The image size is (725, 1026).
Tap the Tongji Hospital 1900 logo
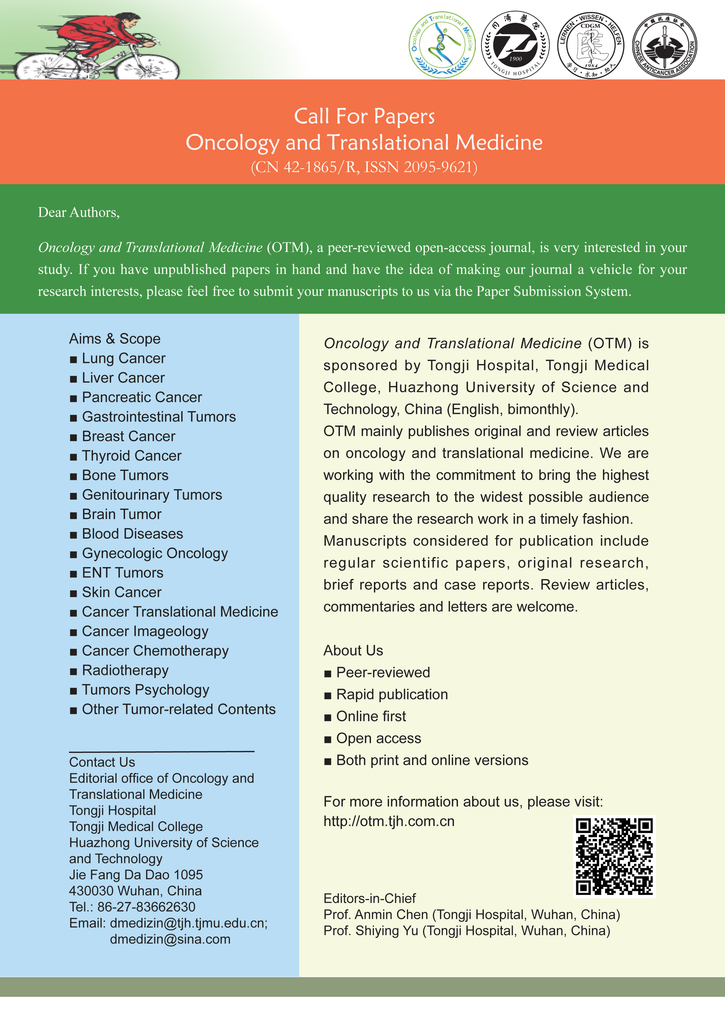coord(515,45)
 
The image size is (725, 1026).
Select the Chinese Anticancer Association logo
coord(664,45)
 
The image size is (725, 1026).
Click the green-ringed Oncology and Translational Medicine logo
coord(442,45)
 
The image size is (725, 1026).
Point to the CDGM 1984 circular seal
coord(591,45)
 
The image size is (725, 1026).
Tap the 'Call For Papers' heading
coord(364,116)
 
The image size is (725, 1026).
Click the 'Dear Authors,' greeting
coord(79,212)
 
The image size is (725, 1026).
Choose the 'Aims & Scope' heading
coord(115,339)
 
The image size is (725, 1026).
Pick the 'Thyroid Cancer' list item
coord(131,456)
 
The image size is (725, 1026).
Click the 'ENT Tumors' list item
coord(122,573)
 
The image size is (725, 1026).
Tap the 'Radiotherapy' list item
coord(125,670)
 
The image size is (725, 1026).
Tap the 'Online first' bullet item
coord(371,716)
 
